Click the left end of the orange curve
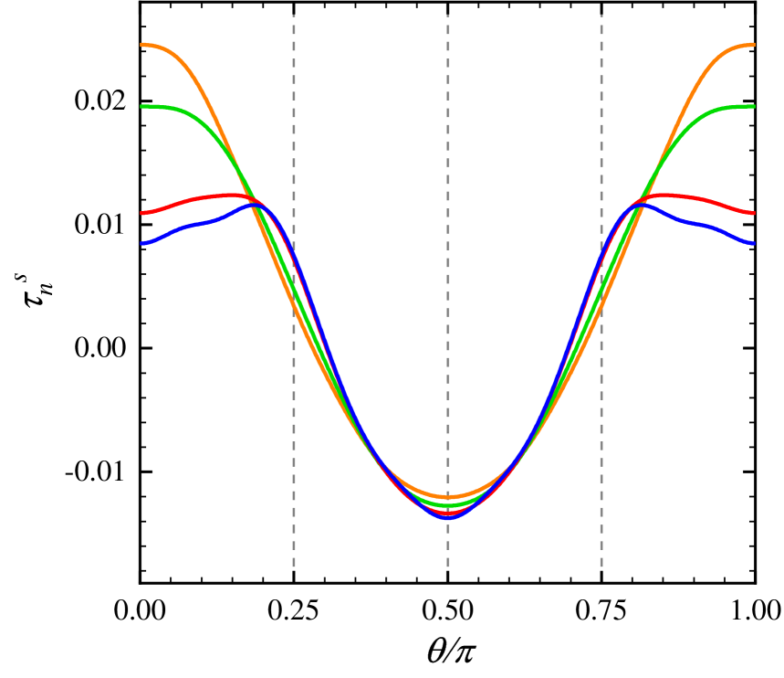pos(142,44)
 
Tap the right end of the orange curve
pos(753,44)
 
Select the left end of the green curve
pos(142,107)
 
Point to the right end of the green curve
pos(753,107)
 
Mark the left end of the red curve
pos(142,213)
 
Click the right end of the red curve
pos(753,213)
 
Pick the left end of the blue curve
pos(142,243)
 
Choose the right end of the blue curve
pos(753,243)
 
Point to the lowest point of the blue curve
pos(448,517)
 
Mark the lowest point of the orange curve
pos(448,497)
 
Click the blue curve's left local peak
pos(254,206)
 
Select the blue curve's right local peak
pos(642,206)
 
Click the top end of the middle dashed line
pos(448,16)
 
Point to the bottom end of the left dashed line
pos(294,567)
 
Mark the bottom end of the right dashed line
pos(601,567)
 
